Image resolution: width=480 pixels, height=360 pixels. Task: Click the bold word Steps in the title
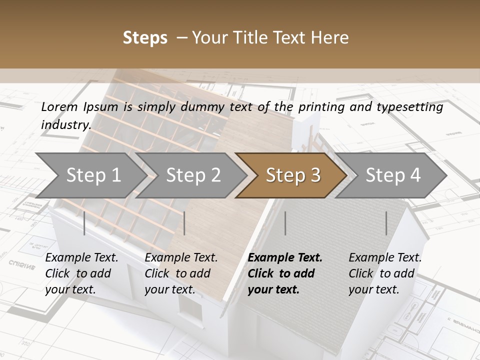pos(145,38)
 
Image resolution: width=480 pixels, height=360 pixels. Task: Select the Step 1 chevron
pos(93,175)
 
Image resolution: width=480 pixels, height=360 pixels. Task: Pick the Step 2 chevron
pos(193,175)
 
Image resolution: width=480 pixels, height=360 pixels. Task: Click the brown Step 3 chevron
pos(293,175)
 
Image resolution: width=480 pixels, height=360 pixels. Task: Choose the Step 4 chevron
pos(393,175)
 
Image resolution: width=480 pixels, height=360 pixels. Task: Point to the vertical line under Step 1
pos(84,223)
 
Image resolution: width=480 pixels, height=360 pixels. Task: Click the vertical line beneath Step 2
pos(184,223)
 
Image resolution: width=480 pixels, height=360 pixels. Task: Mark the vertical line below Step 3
pos(285,223)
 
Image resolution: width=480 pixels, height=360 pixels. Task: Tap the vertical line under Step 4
pos(386,223)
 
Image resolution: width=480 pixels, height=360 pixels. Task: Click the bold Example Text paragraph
pos(285,273)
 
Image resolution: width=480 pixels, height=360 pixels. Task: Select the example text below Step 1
pos(81,273)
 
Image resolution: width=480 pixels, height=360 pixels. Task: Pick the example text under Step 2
pos(181,273)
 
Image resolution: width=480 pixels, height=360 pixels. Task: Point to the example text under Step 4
pos(385,273)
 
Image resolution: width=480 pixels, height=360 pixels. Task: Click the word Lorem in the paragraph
pos(59,107)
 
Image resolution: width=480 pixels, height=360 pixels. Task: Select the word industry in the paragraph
pos(65,125)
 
